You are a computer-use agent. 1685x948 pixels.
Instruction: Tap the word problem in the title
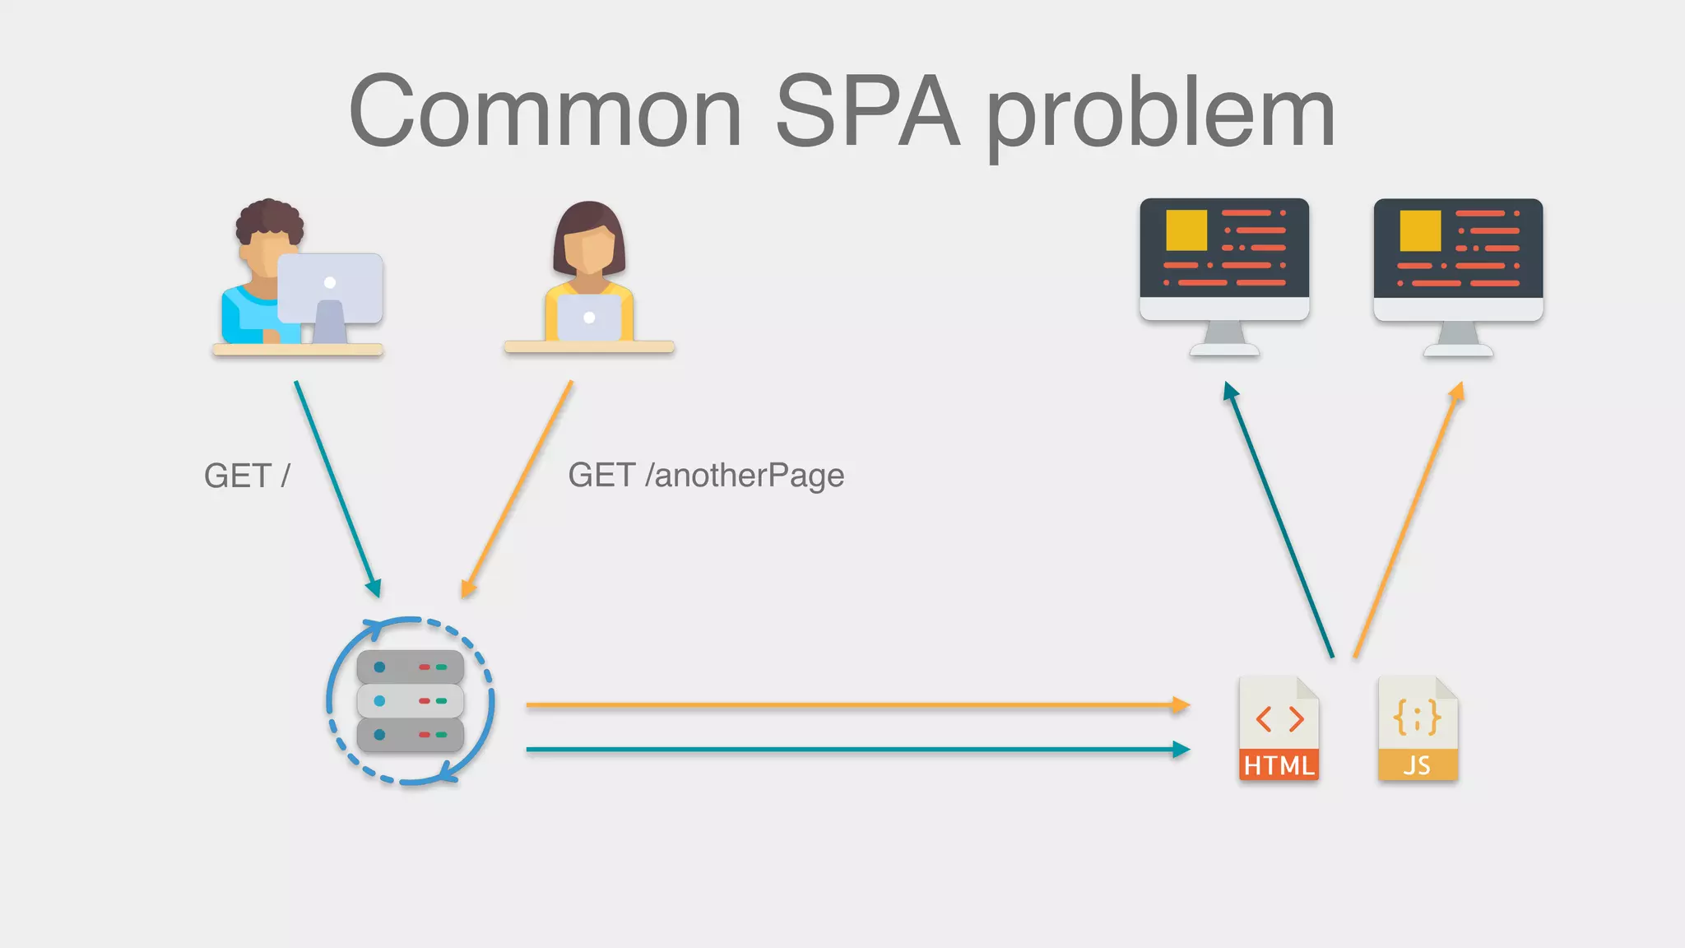1160,115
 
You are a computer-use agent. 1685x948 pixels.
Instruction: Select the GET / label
247,476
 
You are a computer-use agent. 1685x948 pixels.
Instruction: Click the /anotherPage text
745,476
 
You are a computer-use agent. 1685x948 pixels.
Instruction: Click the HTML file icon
1279,728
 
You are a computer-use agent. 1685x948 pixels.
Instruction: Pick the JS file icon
1417,728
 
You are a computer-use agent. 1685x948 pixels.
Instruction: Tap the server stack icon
410,701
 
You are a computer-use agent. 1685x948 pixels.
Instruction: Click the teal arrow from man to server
337,489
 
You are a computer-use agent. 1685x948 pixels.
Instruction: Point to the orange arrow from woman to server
517,489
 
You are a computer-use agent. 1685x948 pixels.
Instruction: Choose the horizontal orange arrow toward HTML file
856,705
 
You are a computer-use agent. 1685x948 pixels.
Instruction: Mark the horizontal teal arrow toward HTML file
856,750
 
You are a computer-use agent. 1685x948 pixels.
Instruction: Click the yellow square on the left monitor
1186,230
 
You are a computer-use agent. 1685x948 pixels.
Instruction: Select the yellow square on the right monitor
1420,230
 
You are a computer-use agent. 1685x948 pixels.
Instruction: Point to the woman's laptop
589,318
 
